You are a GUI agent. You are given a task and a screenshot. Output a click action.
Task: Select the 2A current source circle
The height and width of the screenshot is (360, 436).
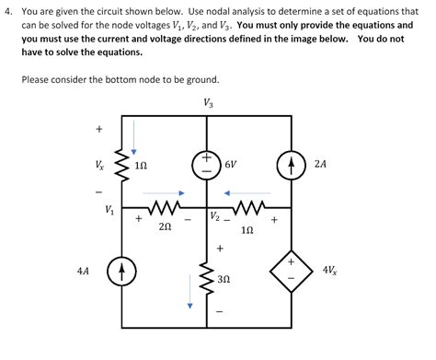coord(292,166)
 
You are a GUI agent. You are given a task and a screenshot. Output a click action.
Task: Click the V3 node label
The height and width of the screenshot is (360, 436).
coord(208,102)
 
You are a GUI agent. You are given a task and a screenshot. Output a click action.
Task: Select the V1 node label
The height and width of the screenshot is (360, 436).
coord(110,210)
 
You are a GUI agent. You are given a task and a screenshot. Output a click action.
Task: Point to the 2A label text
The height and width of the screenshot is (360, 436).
coord(320,166)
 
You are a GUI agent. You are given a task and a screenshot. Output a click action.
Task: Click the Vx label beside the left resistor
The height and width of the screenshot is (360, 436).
coord(99,166)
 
